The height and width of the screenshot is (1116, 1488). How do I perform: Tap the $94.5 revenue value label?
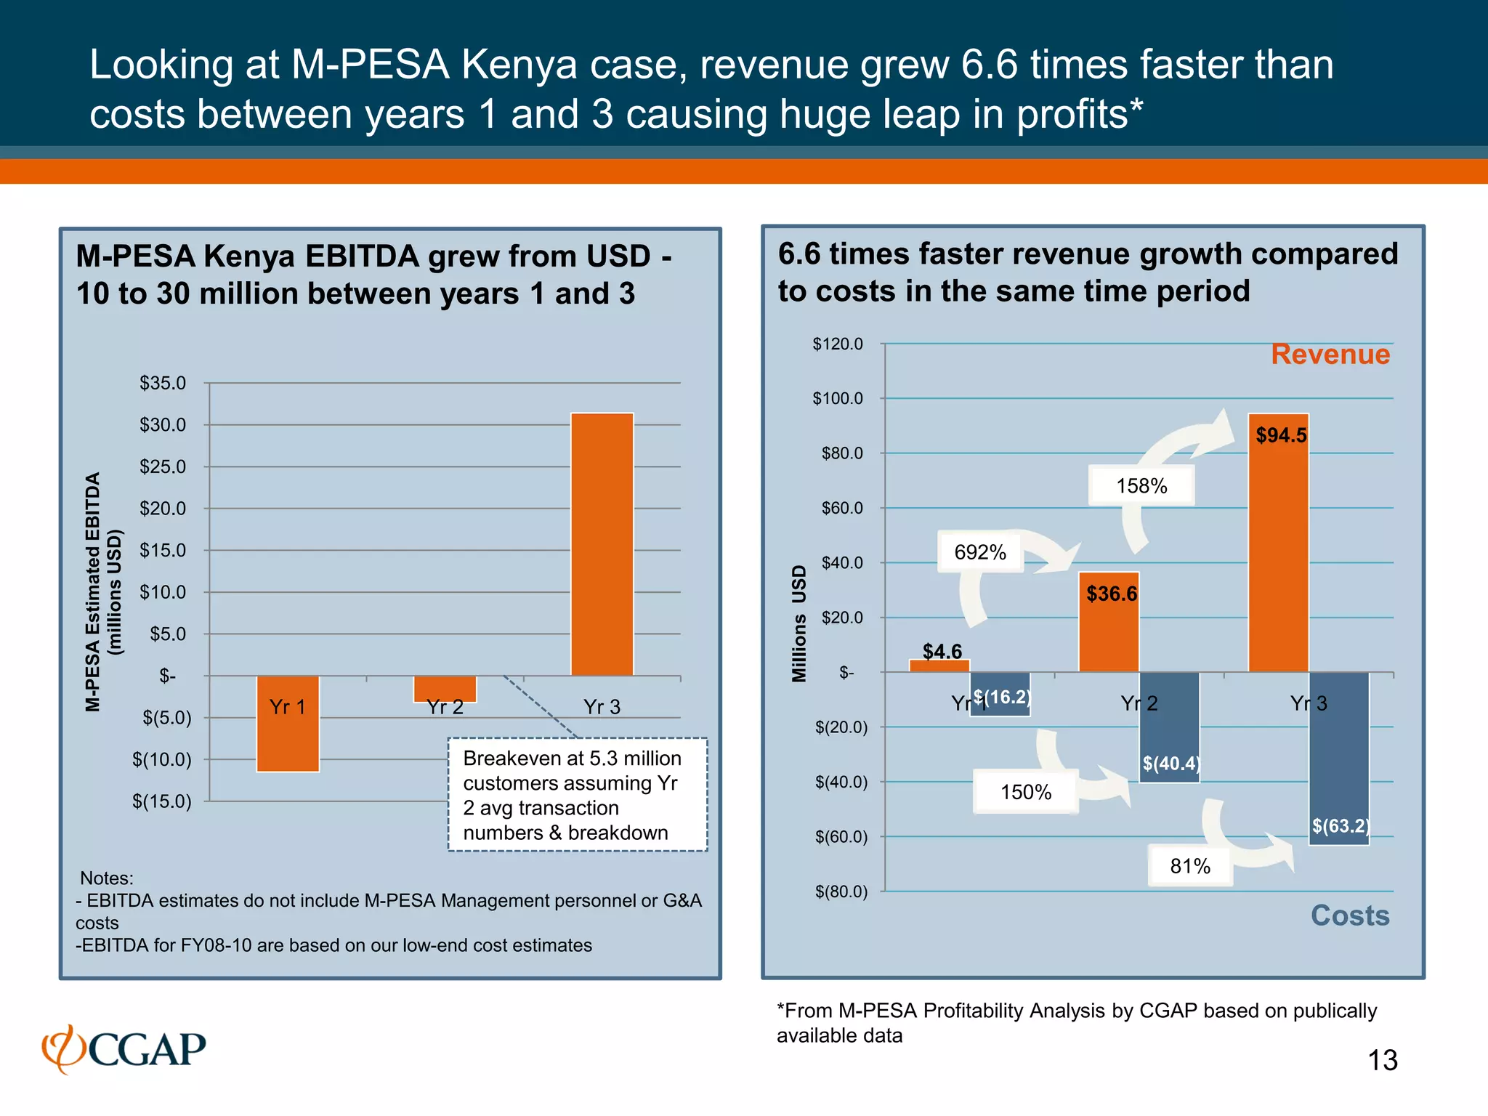[x=1281, y=435]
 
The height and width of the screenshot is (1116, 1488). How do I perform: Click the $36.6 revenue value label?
[x=1111, y=594]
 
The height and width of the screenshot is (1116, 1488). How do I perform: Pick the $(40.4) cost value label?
[x=1170, y=763]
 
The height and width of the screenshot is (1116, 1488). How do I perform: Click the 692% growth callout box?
[x=980, y=553]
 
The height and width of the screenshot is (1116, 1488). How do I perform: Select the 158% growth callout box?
[x=1141, y=486]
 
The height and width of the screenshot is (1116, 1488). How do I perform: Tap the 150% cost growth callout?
[x=1025, y=792]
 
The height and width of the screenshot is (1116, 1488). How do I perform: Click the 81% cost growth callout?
[x=1189, y=866]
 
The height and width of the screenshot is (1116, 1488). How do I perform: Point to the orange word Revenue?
[x=1330, y=355]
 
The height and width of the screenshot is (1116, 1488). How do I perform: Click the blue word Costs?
[x=1349, y=915]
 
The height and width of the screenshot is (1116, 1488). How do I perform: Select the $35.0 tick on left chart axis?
[x=163, y=383]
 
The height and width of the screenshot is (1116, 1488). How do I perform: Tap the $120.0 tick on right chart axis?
[x=838, y=344]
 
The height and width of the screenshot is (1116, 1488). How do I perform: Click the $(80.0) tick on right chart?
[x=841, y=891]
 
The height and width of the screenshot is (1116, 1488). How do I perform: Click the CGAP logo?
[x=124, y=1049]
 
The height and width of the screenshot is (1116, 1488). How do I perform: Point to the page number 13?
[x=1382, y=1061]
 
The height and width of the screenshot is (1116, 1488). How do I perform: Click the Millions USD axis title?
[x=799, y=623]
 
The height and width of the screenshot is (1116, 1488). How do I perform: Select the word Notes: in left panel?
[x=106, y=878]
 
